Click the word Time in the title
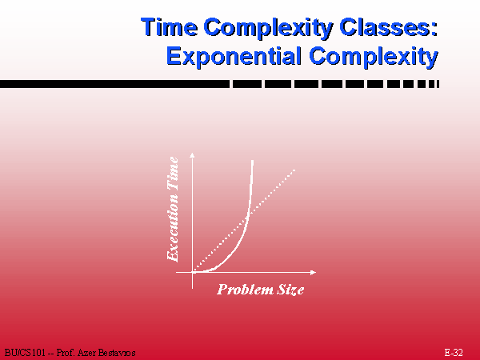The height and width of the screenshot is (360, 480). (x=170, y=27)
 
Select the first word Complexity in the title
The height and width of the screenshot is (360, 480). (x=269, y=28)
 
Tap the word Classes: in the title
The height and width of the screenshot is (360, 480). (x=389, y=27)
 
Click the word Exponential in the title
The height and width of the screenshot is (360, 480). (x=234, y=56)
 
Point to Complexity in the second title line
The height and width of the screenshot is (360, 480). (x=374, y=57)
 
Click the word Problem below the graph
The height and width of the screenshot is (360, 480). (x=246, y=290)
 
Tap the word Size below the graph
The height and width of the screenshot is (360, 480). (x=290, y=290)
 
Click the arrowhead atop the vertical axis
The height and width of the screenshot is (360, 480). (x=192, y=154)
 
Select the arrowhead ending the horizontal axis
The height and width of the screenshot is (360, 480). (x=313, y=272)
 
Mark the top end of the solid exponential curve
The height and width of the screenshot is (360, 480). (x=252, y=160)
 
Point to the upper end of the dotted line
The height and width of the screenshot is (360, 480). (x=294, y=170)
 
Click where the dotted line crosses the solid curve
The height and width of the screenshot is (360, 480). (x=247, y=215)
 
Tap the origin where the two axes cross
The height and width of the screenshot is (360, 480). (x=192, y=272)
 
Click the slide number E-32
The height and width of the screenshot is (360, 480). (x=454, y=353)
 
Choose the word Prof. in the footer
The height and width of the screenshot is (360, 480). (x=66, y=353)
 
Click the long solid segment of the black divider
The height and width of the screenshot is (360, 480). (x=114, y=84)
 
